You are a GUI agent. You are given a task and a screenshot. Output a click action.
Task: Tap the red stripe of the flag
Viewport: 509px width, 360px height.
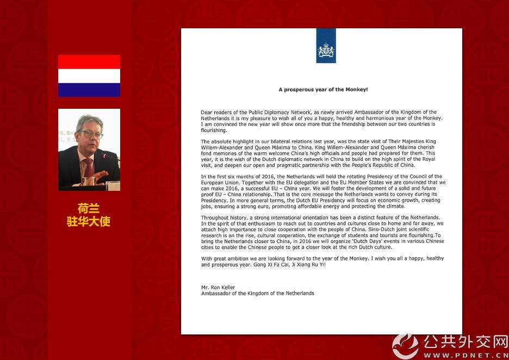click(89, 61)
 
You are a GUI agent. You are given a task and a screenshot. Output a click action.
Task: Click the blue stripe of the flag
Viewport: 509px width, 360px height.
click(89, 90)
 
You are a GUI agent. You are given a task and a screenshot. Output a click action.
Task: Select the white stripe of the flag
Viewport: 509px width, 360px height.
click(89, 76)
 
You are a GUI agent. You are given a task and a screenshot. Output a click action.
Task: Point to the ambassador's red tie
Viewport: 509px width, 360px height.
click(88, 168)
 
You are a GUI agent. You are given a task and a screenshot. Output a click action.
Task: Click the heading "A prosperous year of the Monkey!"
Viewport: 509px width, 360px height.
click(323, 89)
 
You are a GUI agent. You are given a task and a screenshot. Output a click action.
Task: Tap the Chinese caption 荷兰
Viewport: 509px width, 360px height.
click(89, 209)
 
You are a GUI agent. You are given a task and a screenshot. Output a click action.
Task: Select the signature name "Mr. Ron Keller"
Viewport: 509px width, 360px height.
click(218, 288)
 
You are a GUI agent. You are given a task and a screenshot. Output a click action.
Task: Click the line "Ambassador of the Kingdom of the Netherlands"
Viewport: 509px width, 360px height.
click(257, 294)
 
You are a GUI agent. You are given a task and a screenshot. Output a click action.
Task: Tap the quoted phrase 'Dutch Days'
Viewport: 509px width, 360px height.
click(353, 241)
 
